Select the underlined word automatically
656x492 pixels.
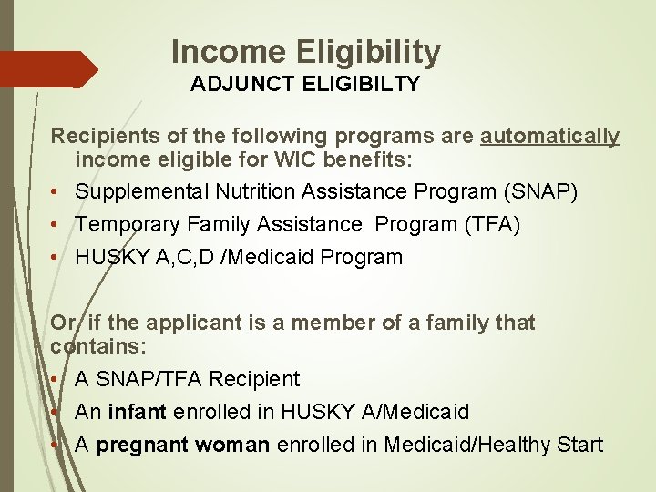point(550,137)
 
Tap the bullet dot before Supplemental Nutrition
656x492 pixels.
point(56,193)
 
